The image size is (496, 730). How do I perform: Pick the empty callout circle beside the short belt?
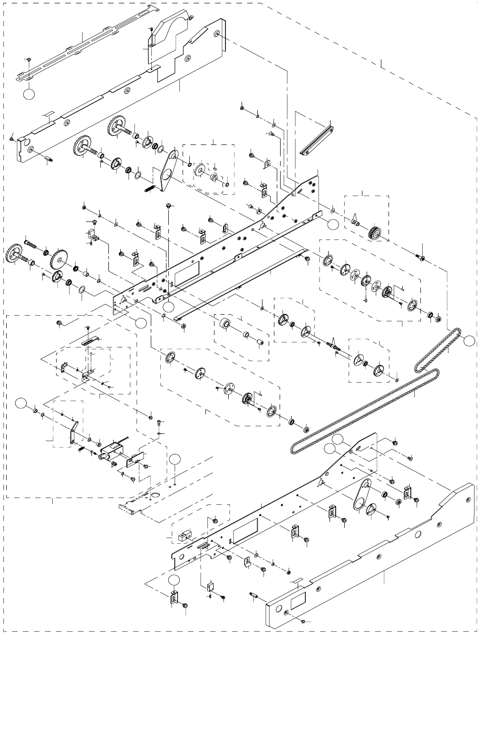470,340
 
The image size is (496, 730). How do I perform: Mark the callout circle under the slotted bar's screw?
29,94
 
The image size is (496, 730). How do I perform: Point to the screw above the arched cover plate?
151,30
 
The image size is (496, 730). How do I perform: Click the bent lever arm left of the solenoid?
73,432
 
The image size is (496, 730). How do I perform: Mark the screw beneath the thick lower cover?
302,621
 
